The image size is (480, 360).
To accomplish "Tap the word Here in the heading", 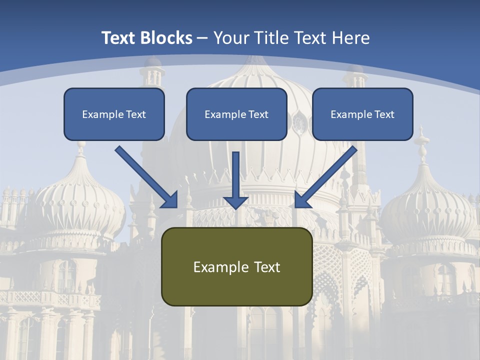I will [350, 38].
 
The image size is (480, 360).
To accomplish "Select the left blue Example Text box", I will [114, 114].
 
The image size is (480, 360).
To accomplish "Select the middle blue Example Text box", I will [236, 114].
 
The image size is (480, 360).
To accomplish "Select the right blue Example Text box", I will [362, 114].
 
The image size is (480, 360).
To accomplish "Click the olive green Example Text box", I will [236, 267].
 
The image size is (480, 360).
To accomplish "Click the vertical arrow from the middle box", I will [236, 175].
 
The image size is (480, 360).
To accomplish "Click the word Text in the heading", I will [120, 38].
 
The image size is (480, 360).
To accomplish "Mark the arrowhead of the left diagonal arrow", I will [170, 200].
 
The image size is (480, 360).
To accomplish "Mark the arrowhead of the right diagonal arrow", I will [302, 200].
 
